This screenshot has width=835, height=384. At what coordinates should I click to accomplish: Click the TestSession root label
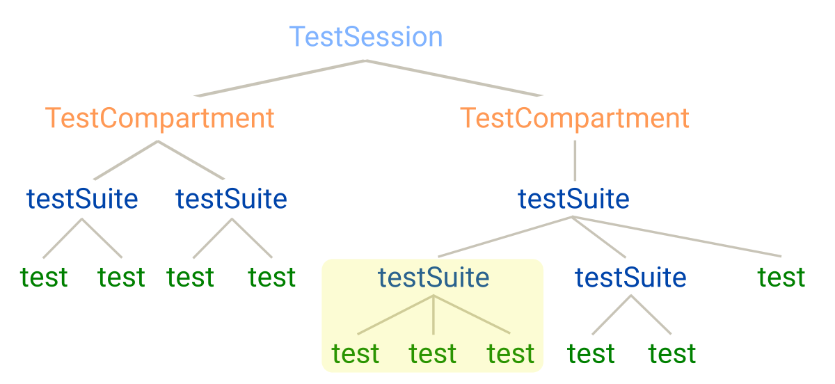point(366,37)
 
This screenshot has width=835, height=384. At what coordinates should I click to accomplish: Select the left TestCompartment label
point(160,118)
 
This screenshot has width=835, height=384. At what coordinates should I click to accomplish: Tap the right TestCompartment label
point(575,118)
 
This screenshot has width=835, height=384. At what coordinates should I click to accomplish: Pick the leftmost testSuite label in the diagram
point(82,200)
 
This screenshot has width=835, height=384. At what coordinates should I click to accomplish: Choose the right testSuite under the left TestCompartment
point(231,200)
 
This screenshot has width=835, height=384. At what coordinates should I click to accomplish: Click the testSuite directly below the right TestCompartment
point(573,200)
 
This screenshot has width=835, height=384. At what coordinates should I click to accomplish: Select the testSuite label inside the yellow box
point(434,278)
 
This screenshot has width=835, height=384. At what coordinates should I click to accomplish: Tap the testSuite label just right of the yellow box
point(630,278)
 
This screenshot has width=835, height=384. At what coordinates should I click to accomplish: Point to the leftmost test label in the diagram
point(44,278)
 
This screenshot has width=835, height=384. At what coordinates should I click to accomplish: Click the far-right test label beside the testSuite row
point(781,278)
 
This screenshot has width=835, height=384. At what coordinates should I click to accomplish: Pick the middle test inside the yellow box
point(433,354)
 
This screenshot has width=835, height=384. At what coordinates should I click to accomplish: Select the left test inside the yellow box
point(356,354)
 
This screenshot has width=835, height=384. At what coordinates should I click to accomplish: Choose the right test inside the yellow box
point(511,354)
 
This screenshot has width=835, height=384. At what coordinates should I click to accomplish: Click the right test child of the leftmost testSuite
point(121,278)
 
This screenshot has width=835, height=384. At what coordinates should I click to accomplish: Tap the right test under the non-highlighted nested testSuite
point(672,354)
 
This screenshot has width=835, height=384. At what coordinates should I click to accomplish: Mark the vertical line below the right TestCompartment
point(575,160)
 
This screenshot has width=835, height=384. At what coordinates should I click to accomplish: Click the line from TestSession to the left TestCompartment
point(278,78)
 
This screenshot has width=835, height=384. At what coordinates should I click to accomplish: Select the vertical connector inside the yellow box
point(434,314)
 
